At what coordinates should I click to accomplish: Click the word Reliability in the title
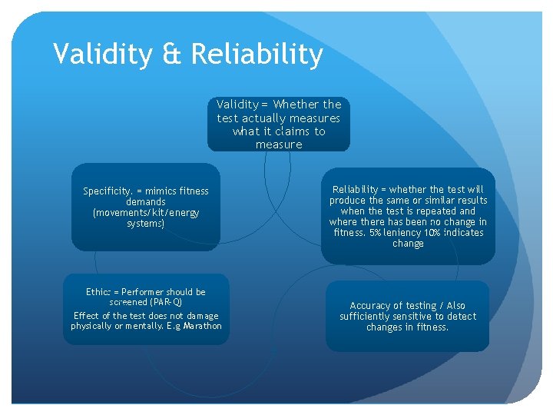coord(257,55)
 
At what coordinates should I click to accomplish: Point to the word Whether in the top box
coord(297,105)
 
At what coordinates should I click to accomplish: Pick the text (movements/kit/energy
coord(145,213)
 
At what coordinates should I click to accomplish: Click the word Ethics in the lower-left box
coord(98,292)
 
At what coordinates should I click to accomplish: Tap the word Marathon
coord(202,326)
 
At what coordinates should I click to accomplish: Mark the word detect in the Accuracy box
coord(462,317)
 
